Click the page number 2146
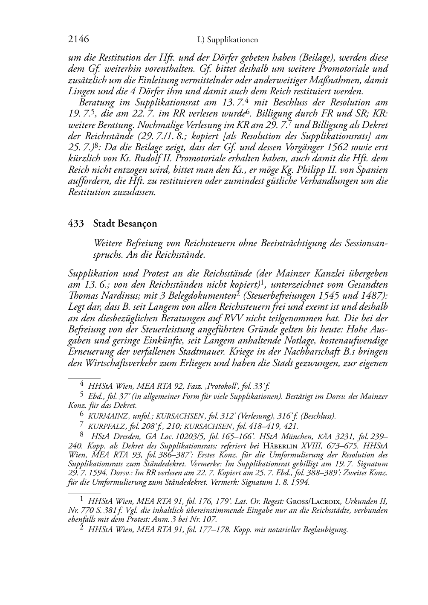tap(78, 40)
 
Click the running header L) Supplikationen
tap(228, 40)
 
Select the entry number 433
tap(75, 224)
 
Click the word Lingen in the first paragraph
tap(80, 91)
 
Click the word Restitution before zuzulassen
tap(87, 192)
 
